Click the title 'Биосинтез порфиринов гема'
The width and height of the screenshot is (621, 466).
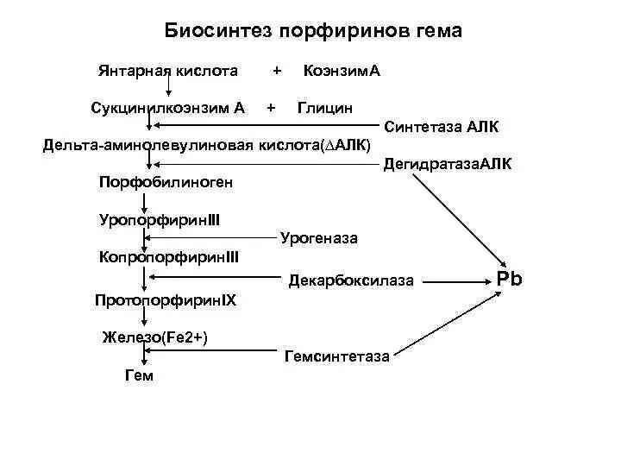(x=313, y=31)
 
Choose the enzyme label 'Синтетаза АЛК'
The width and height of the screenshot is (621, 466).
(x=442, y=127)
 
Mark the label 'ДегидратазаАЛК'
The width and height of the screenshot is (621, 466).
(x=447, y=163)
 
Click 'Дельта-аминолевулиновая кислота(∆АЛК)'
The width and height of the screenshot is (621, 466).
(x=207, y=145)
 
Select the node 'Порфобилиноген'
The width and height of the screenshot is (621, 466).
(x=166, y=182)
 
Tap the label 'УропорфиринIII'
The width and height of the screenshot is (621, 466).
(x=160, y=220)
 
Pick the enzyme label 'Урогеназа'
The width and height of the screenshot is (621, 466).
(x=319, y=237)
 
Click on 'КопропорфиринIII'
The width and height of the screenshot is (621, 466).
(x=169, y=257)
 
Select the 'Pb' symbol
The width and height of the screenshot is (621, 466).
(x=510, y=279)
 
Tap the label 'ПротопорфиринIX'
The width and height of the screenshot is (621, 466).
(x=166, y=300)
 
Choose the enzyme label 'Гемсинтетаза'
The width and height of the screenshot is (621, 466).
(x=336, y=356)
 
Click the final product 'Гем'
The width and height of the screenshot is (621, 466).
(x=139, y=375)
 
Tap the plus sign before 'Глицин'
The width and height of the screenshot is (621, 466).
(x=272, y=108)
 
